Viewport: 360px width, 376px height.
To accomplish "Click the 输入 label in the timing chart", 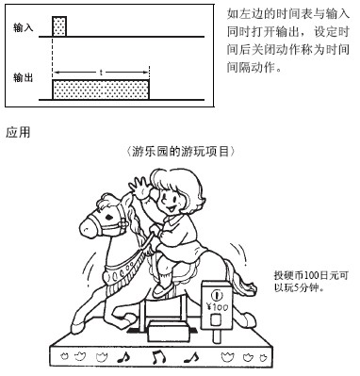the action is [23, 28].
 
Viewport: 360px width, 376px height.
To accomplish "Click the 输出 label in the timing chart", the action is [23, 77].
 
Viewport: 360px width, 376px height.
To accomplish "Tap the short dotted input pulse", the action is [59, 26].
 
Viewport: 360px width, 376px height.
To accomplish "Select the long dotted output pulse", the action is [101, 90].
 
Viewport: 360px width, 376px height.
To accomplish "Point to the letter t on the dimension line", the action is [101, 73].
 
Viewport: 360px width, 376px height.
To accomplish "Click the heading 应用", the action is [18, 132].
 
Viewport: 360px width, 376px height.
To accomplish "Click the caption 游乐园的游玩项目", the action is [181, 152].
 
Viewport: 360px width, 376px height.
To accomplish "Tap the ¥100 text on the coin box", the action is [217, 306].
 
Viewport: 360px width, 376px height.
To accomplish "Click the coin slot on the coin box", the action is [216, 295].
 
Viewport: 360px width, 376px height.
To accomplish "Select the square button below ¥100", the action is [216, 320].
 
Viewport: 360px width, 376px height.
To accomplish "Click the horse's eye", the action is [108, 218].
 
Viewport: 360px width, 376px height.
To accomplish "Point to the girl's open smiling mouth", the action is [168, 207].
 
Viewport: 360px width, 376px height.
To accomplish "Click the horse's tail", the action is [242, 280].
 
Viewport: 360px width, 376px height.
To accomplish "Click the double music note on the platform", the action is [159, 357].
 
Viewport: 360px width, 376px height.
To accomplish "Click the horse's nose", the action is [84, 227].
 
